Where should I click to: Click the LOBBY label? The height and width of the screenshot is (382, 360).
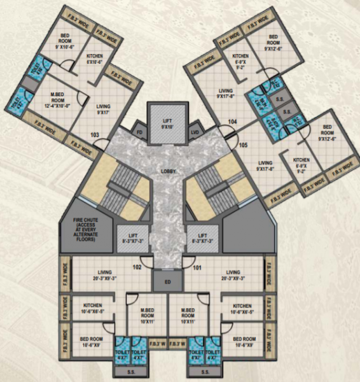pyautogui.click(x=169, y=172)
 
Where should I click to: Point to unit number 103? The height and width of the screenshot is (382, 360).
pyautogui.click(x=95, y=134)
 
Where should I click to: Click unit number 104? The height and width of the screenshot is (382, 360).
pyautogui.click(x=233, y=121)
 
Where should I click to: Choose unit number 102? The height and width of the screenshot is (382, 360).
pyautogui.click(x=136, y=267)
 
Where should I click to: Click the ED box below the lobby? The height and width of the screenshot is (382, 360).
pyautogui.click(x=167, y=279)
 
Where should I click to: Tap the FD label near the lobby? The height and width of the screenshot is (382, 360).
pyautogui.click(x=139, y=132)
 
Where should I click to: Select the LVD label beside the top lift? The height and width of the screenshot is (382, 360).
pyautogui.click(x=196, y=132)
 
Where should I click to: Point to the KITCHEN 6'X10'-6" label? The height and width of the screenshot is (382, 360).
pyautogui.click(x=95, y=59)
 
